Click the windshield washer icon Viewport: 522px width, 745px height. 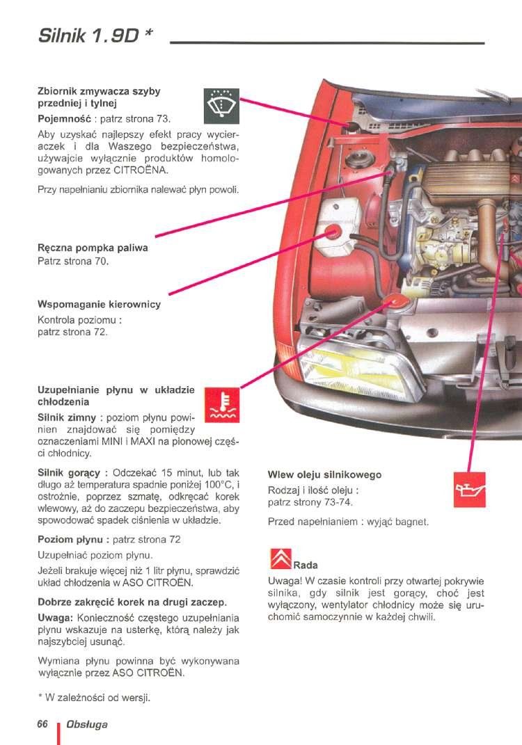[x=221, y=106]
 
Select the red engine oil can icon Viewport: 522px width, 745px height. [x=468, y=490]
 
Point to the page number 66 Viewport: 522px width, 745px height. [x=42, y=724]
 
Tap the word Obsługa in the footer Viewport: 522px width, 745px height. [x=87, y=725]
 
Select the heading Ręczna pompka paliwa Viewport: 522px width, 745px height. [x=93, y=248]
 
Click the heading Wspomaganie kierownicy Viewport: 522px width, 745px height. [x=99, y=305]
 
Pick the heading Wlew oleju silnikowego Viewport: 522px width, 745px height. [x=324, y=475]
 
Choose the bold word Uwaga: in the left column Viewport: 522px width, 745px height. [x=54, y=618]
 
